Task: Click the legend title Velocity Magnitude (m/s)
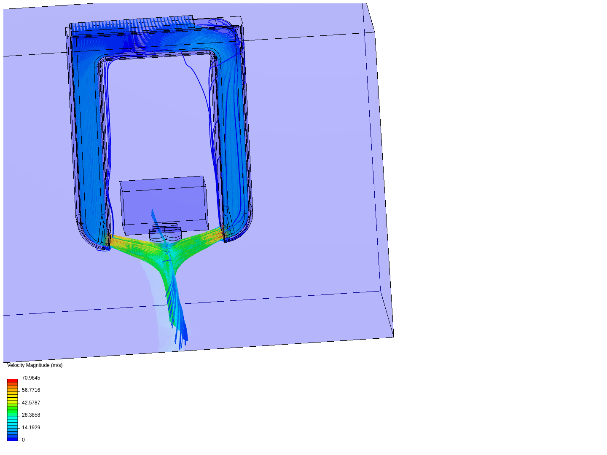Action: (x=35, y=365)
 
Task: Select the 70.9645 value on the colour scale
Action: (x=31, y=377)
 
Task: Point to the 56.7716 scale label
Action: (x=31, y=390)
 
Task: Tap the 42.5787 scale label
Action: (x=31, y=402)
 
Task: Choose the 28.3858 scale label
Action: (x=31, y=415)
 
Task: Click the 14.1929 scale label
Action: (x=31, y=427)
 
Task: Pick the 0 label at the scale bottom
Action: (x=23, y=439)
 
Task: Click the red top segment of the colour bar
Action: (x=13, y=380)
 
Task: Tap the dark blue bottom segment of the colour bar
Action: (x=13, y=439)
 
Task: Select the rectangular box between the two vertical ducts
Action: (x=164, y=205)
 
